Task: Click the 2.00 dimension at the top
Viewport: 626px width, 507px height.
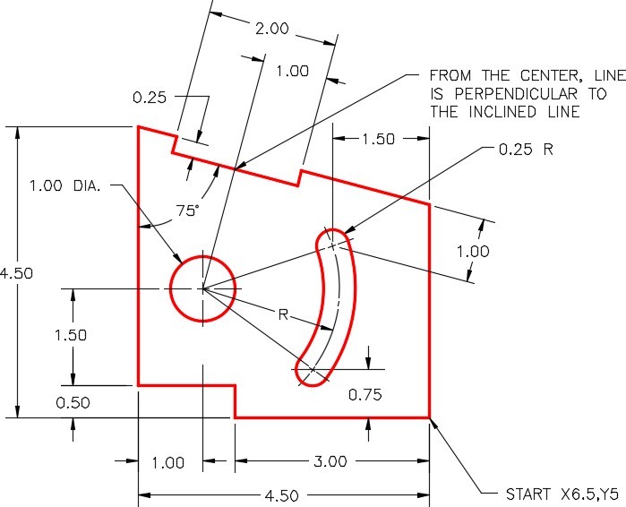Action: click(x=271, y=29)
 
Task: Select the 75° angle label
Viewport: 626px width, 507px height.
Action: click(x=186, y=211)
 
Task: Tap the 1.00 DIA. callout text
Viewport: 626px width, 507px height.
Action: click(x=70, y=186)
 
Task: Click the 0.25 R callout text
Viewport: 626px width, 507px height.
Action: click(x=526, y=149)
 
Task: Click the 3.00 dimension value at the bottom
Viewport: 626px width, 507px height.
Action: click(x=330, y=462)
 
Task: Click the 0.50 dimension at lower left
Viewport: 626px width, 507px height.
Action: click(x=72, y=403)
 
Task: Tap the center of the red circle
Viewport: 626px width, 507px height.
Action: click(x=203, y=288)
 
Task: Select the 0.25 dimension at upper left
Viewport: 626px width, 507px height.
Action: click(x=149, y=97)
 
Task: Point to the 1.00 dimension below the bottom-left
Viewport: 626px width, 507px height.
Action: click(x=167, y=463)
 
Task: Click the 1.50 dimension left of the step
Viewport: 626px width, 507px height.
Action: click(x=71, y=336)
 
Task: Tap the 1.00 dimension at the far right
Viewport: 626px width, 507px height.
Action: click(x=473, y=252)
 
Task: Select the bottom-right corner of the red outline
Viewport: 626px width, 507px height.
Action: click(x=430, y=417)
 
